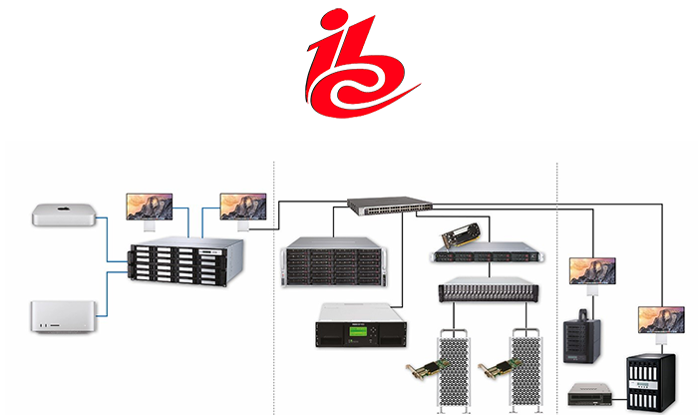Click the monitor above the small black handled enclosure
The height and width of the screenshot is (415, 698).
coord(592,271)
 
